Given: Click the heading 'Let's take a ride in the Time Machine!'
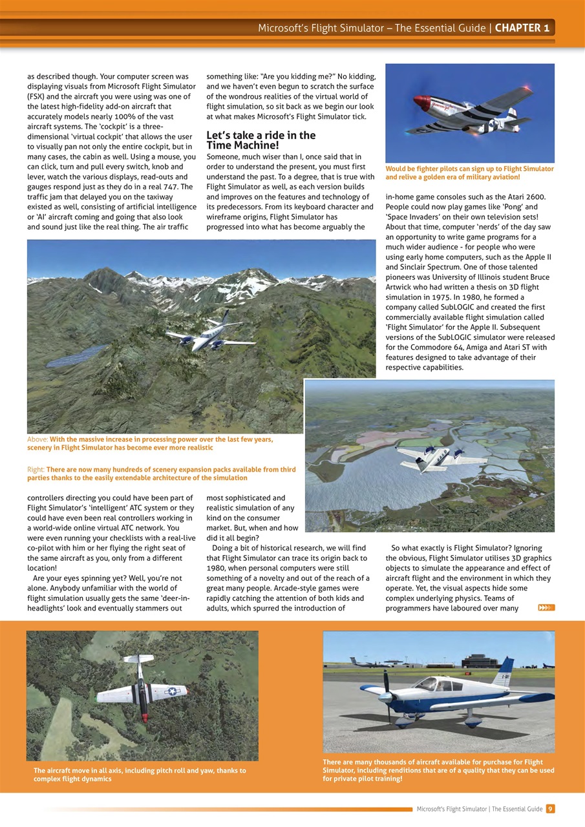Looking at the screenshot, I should click(x=261, y=140).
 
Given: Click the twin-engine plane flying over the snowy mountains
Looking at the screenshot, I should click(x=210, y=334).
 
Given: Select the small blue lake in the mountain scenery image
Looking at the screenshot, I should click(x=76, y=355).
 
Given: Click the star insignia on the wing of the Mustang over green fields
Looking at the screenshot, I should click(x=171, y=691).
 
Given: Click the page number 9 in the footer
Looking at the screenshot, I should click(x=549, y=808).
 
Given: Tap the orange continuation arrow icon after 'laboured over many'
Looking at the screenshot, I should click(x=546, y=607).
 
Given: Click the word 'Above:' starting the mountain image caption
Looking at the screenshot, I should click(x=37, y=439).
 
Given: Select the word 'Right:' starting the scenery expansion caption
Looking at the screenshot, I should click(x=36, y=470).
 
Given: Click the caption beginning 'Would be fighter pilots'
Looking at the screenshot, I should click(x=469, y=173).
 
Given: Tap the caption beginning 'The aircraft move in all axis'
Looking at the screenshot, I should click(x=140, y=775).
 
